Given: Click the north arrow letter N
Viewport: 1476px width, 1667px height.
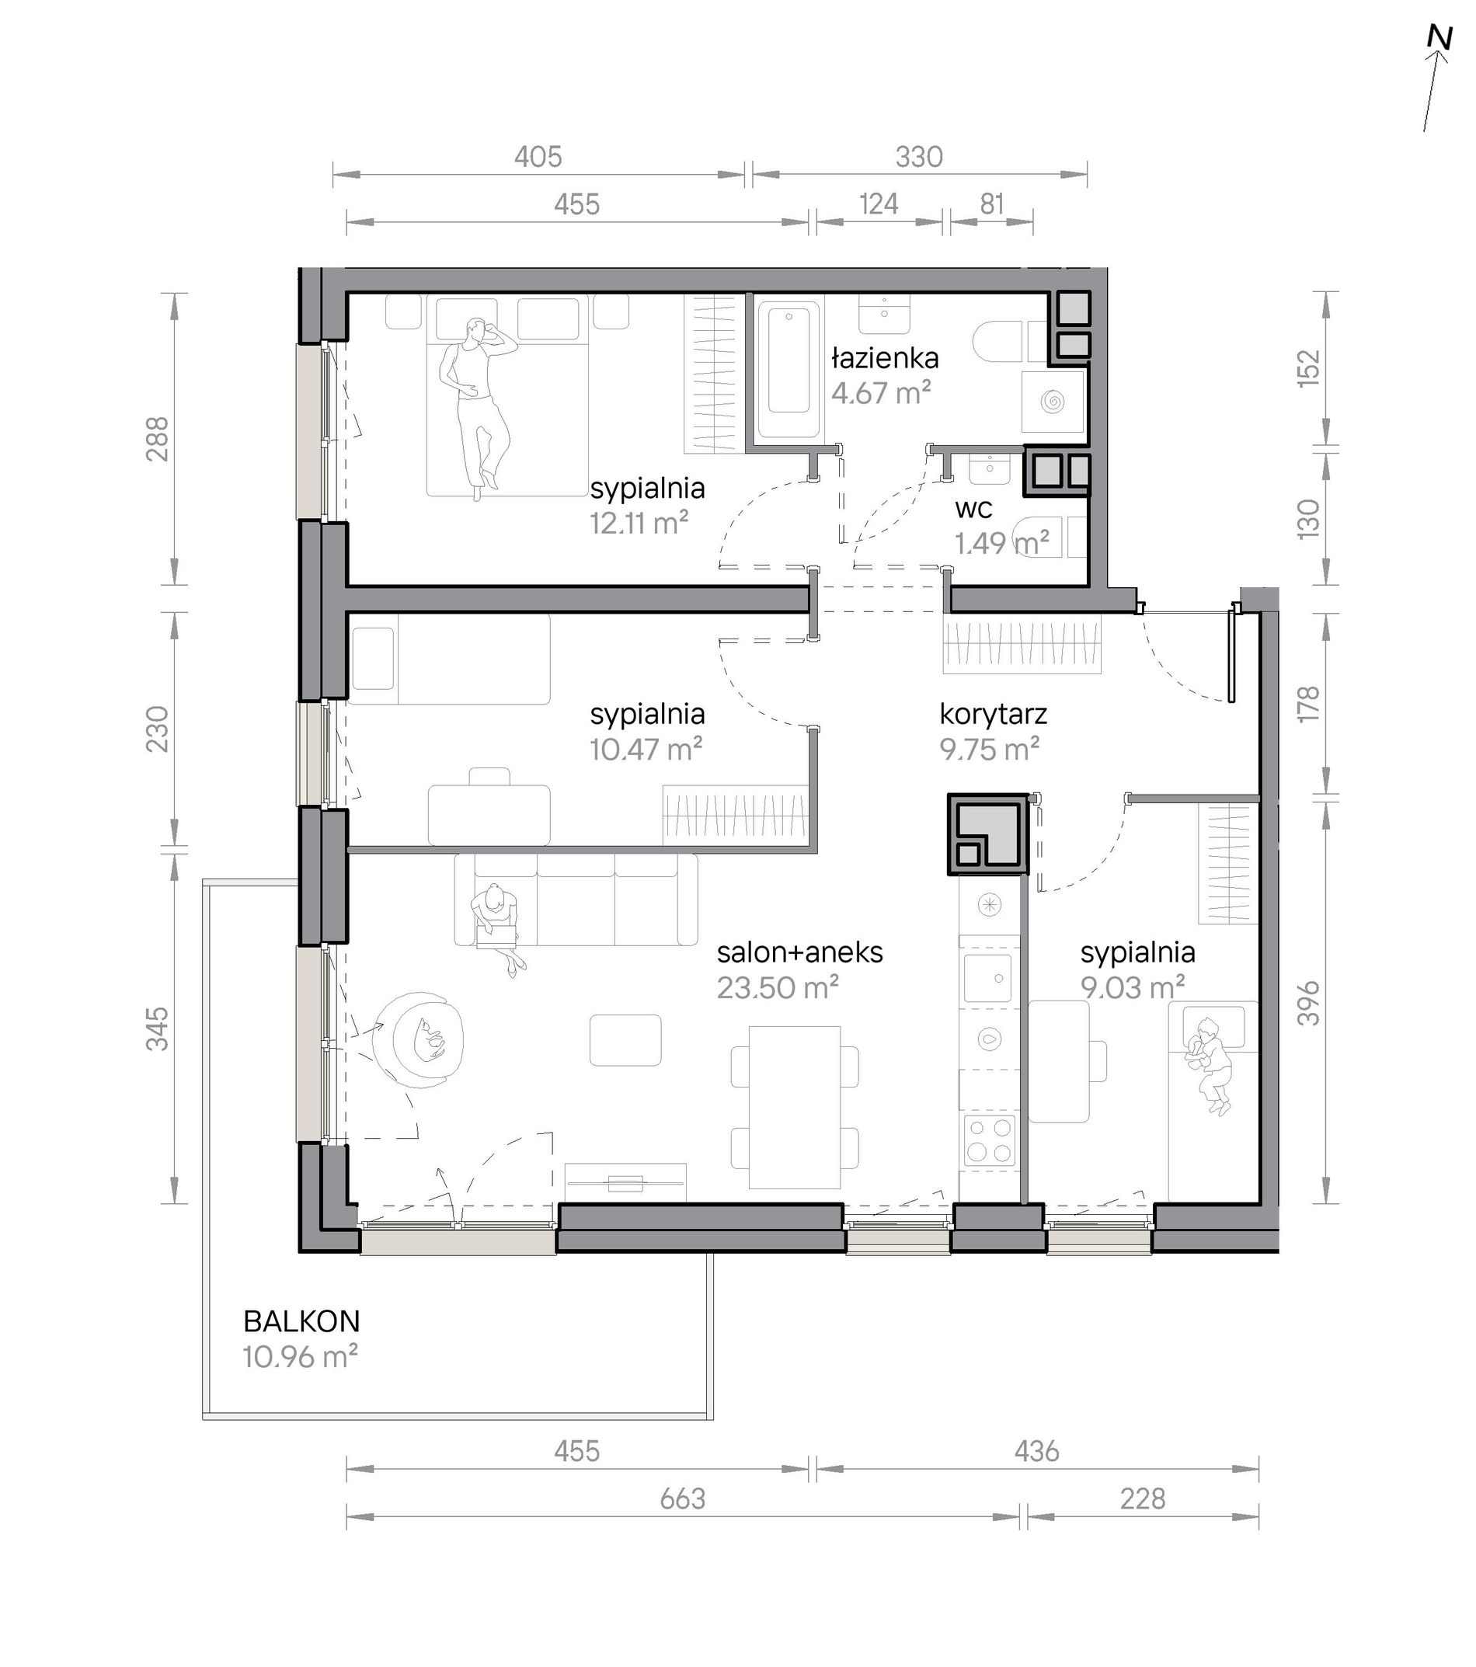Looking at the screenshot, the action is click(1440, 61).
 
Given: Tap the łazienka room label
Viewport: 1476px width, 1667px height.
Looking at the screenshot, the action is click(885, 358).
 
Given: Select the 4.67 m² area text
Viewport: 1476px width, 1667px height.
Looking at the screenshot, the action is click(881, 393).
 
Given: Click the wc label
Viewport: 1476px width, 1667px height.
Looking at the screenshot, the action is click(973, 509).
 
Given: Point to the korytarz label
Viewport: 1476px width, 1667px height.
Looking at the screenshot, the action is click(994, 715).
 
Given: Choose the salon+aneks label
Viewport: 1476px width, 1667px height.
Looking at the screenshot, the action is click(800, 952).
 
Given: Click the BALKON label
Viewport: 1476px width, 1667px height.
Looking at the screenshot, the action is click(301, 1322).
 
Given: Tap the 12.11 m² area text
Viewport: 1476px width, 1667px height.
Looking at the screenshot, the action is click(639, 523).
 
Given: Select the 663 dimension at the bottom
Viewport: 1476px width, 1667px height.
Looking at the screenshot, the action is click(683, 1499).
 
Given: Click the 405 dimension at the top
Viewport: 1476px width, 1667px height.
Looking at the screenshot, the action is click(538, 157).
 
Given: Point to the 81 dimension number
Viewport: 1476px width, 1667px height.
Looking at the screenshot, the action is click(991, 204).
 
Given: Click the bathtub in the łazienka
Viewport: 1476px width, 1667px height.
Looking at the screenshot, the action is click(788, 371).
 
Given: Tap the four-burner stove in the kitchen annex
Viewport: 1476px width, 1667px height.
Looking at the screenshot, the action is click(990, 1141).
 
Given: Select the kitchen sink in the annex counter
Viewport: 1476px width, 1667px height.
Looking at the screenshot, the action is click(987, 978).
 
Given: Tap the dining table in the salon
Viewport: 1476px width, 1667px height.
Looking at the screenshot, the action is click(794, 1107).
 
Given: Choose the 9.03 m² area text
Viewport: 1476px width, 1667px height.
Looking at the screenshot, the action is click(1133, 987).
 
